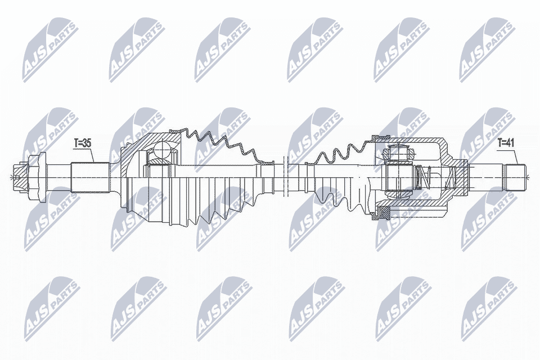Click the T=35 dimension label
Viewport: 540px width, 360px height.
pyautogui.click(x=82, y=143)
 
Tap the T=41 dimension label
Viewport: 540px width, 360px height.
pyautogui.click(x=506, y=143)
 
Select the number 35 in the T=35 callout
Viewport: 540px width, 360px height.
pyautogui.click(x=86, y=143)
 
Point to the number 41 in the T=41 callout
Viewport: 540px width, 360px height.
pyautogui.click(x=510, y=143)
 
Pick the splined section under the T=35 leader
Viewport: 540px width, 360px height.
pyautogui.click(x=90, y=176)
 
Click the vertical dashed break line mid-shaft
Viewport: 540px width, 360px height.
pyautogui.click(x=287, y=174)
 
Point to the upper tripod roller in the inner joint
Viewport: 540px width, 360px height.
pyautogui.click(x=398, y=152)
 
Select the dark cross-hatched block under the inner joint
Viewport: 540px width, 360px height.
pyautogui.click(x=385, y=213)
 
